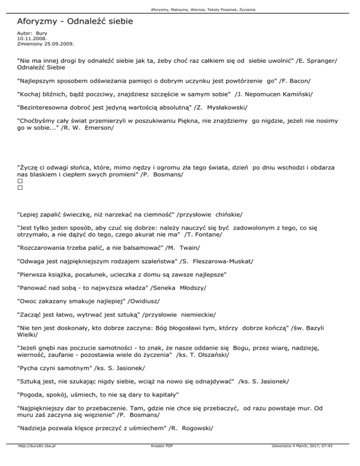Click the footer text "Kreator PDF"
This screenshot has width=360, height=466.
click(160, 460)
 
